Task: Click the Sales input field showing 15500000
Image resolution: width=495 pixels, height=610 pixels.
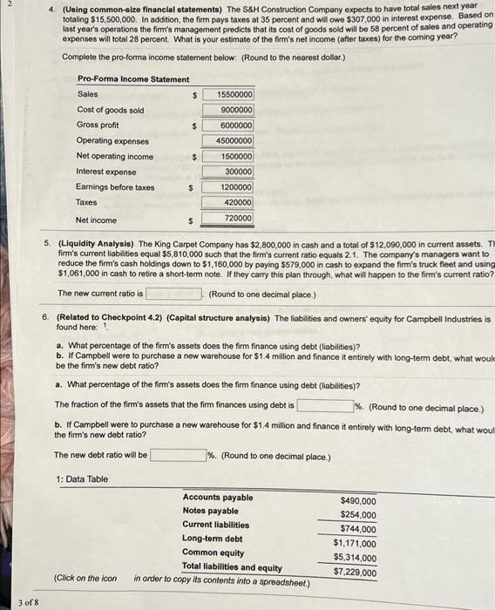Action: [228, 94]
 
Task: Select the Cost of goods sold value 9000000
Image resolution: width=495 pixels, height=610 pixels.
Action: [228, 110]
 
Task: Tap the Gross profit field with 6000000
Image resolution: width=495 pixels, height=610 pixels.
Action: [228, 125]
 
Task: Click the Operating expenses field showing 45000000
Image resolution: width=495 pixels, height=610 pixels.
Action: [228, 141]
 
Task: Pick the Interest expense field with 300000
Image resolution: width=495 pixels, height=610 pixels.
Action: [228, 173]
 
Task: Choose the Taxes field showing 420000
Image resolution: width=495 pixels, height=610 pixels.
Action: [228, 203]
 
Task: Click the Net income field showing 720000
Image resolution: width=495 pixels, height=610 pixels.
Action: [228, 219]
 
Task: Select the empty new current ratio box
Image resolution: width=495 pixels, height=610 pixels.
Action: [174, 293]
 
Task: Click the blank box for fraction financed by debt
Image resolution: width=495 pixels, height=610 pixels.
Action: [324, 406]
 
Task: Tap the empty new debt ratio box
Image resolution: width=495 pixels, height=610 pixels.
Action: [178, 455]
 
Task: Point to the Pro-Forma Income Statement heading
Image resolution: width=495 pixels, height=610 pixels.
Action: [133, 79]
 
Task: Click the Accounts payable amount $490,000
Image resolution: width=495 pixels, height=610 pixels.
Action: [358, 501]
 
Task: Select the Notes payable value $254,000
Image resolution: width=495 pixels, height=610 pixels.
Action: [358, 515]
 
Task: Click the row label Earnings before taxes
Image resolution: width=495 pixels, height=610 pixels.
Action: [116, 187]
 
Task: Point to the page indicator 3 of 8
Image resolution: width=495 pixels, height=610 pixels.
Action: [27, 600]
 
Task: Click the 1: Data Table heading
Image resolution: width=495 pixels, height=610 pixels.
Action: [81, 479]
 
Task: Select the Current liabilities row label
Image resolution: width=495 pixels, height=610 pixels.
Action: [215, 525]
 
